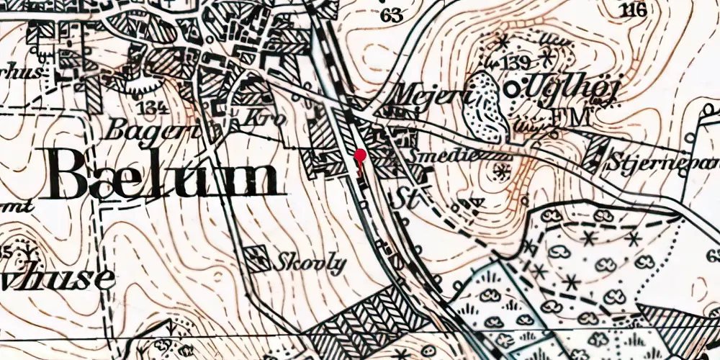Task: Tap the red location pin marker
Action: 360,155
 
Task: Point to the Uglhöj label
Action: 556,89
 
